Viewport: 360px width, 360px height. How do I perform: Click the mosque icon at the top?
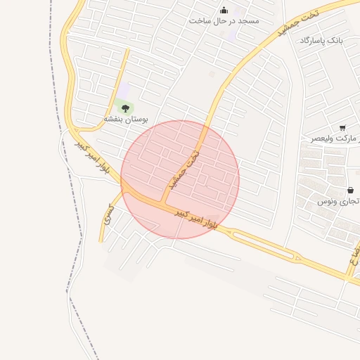pos(224,10)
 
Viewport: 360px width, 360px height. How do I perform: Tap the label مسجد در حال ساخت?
pos(224,21)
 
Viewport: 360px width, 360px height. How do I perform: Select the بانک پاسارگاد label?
pos(321,41)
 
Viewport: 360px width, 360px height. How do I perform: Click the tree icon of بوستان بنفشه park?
pos(126,108)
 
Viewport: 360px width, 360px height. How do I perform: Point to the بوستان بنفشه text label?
pos(127,120)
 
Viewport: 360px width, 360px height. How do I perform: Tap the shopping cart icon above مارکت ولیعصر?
pos(342,128)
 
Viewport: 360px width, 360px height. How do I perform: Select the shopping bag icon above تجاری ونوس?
pos(350,191)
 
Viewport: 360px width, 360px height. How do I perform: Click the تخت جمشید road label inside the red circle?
pos(185,169)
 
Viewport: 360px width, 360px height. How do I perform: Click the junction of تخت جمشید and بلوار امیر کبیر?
pos(163,203)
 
